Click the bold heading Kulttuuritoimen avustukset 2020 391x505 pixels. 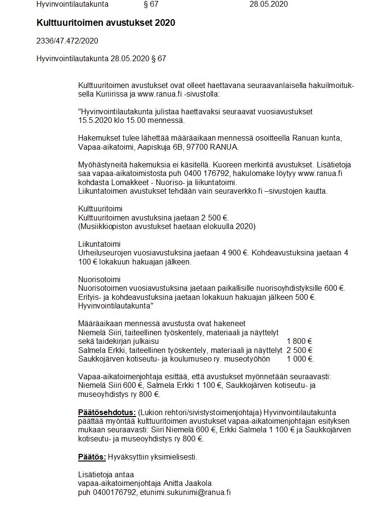[x=105, y=23]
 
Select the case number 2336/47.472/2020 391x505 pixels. [x=67, y=41]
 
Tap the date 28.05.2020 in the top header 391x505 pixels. [x=269, y=4]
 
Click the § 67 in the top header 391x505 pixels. [x=151, y=4]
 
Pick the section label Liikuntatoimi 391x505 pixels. [x=99, y=244]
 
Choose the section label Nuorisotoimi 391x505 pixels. [x=99, y=279]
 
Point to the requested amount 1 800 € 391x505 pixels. [x=299, y=341]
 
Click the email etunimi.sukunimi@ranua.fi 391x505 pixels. [x=185, y=492]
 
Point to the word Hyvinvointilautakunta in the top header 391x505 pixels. [x=72, y=4]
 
